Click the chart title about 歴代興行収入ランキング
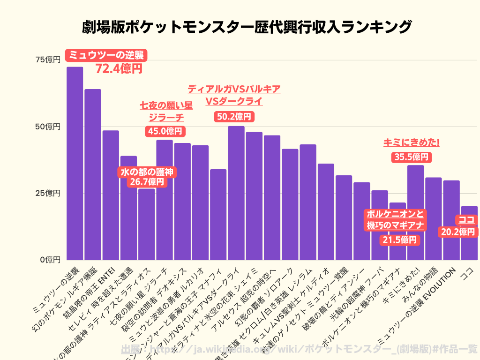[240, 27]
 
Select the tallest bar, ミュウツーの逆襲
[75, 164]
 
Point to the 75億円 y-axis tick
[48, 60]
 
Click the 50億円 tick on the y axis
[48, 127]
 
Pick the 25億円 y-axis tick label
[48, 193]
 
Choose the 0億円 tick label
[50, 260]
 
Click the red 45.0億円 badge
[165, 131]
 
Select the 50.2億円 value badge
[234, 117]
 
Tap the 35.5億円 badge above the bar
[411, 157]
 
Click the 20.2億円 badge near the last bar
[457, 232]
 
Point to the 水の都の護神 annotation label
[147, 172]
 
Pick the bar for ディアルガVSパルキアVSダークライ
[236, 193]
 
